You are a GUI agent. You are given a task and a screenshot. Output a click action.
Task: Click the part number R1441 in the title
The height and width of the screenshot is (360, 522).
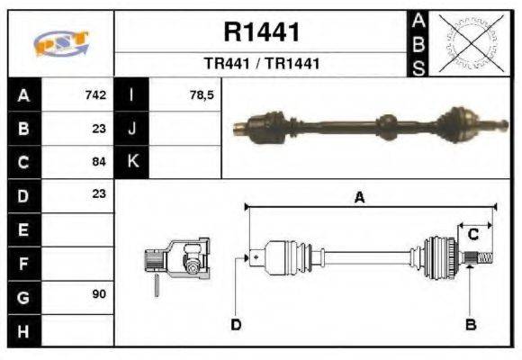pos(261,32)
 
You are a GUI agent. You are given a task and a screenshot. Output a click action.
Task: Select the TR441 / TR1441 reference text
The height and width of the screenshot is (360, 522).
pos(261,64)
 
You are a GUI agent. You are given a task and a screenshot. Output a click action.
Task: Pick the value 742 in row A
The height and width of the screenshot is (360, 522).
pos(95,94)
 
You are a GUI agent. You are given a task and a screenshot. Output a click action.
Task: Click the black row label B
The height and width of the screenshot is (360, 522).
pos(22,129)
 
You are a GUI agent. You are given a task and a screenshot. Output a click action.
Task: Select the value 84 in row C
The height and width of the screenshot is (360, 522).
pos(99,162)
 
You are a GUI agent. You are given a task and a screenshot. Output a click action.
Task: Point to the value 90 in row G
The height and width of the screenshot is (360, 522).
pos(99,294)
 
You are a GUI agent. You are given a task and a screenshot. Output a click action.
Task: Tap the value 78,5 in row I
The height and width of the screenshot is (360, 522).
pos(202,94)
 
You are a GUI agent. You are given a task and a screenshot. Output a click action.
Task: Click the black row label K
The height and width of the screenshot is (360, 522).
pos(131,162)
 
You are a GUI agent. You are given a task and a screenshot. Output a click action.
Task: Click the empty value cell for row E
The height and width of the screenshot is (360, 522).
pos(79,229)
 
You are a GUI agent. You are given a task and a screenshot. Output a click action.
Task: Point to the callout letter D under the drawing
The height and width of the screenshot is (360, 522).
pos(236,324)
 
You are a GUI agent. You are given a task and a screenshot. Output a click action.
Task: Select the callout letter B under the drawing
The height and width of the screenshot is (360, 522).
pos(471,324)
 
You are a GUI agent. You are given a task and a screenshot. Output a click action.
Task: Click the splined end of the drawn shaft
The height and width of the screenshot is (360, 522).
pos(481,259)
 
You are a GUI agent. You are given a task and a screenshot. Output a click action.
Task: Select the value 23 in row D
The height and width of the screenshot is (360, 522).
pos(99,194)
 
